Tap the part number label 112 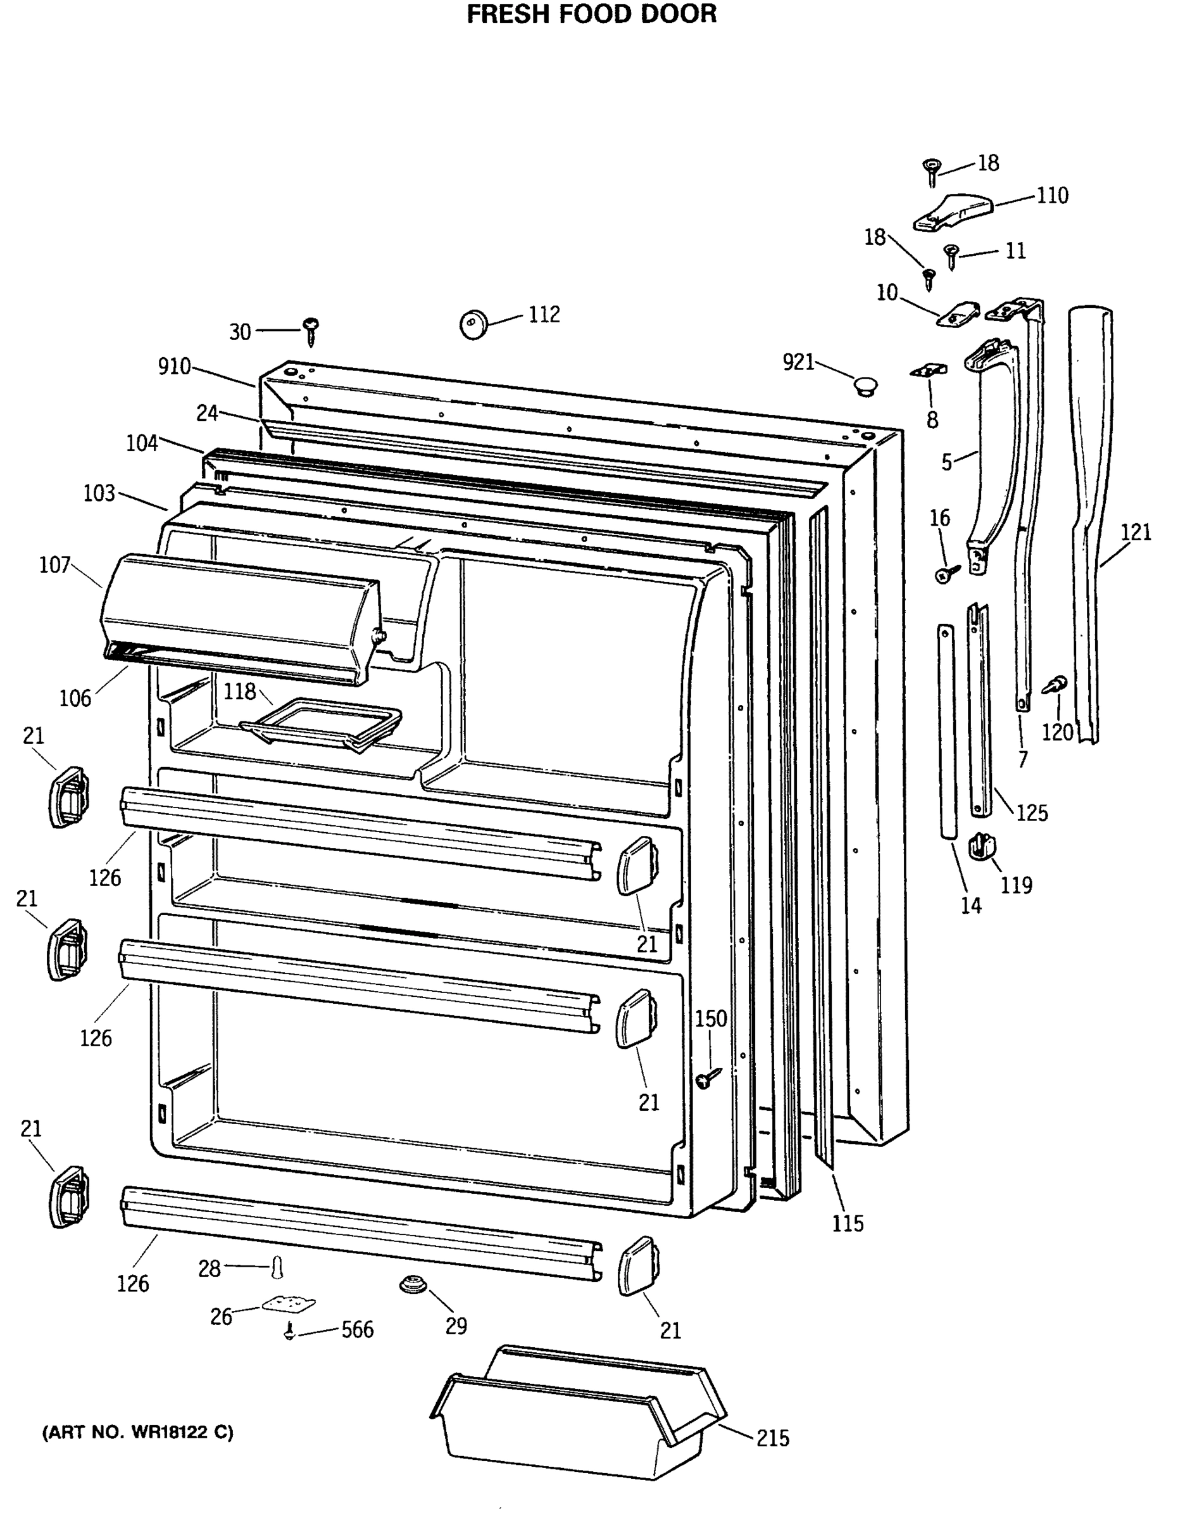pyautogui.click(x=544, y=314)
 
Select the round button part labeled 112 pyautogui.click(x=473, y=324)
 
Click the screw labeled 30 pyautogui.click(x=311, y=329)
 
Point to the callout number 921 pyautogui.click(x=798, y=362)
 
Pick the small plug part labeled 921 pyautogui.click(x=865, y=386)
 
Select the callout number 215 pyautogui.click(x=773, y=1438)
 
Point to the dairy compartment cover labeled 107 pyautogui.click(x=241, y=617)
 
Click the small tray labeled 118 pyautogui.click(x=321, y=723)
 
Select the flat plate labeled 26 pyautogui.click(x=289, y=1303)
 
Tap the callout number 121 pyautogui.click(x=1136, y=532)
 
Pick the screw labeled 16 pyautogui.click(x=946, y=574)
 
